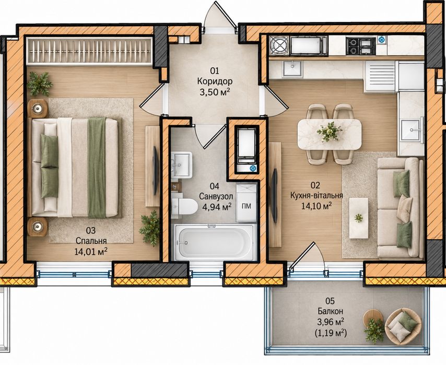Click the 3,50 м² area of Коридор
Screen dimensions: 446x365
pyautogui.click(x=215, y=92)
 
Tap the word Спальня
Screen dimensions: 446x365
pyautogui.click(x=91, y=241)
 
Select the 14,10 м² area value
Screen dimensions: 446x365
pyautogui.click(x=316, y=206)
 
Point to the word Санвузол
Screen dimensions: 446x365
pyautogui.click(x=216, y=196)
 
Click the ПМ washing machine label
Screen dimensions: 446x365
pyautogui.click(x=247, y=206)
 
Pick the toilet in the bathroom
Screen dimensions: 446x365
pyautogui.click(x=184, y=206)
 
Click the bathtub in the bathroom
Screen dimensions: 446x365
pyautogui.click(x=215, y=242)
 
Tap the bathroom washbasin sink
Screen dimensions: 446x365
pyautogui.click(x=181, y=164)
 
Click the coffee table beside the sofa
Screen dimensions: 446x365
pyautogui.click(x=359, y=218)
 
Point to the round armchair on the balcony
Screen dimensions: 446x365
pyautogui.click(x=403, y=325)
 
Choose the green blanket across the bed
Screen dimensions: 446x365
pyautogui.click(x=97, y=168)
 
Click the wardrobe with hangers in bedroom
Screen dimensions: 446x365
pyautogui.click(x=90, y=51)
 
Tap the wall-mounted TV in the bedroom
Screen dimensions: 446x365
pyautogui.click(x=156, y=170)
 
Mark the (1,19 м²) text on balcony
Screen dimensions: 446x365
pyautogui.click(x=331, y=333)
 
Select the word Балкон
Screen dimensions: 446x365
pyautogui.click(x=331, y=311)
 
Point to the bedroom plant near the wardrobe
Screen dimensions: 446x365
pyautogui.click(x=39, y=84)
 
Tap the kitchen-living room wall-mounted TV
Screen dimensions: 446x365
pyautogui.click(x=274, y=196)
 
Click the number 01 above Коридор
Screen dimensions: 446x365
pyautogui.click(x=215, y=70)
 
